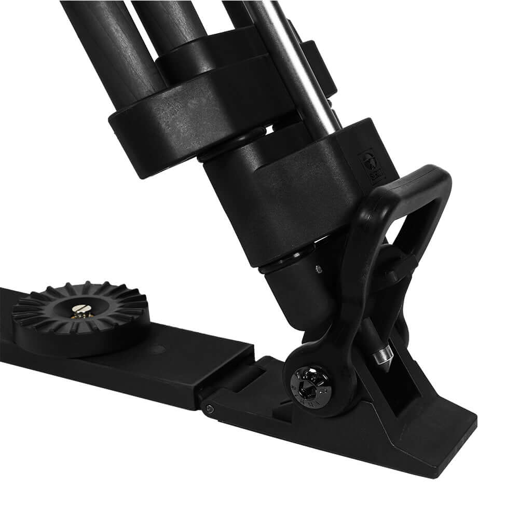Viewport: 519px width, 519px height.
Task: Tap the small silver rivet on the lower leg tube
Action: (318, 268)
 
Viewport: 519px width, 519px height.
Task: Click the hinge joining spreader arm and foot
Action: (234, 384)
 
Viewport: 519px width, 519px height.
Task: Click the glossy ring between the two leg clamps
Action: (228, 151)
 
